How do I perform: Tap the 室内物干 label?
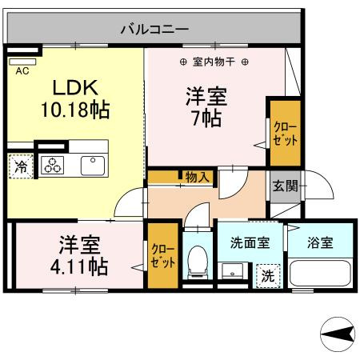pyautogui.click(x=214, y=62)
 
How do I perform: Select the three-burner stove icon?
pyautogui.click(x=54, y=166)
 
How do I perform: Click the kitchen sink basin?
pyautogui.click(x=93, y=165)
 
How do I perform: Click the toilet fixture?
pyautogui.click(x=195, y=262)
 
